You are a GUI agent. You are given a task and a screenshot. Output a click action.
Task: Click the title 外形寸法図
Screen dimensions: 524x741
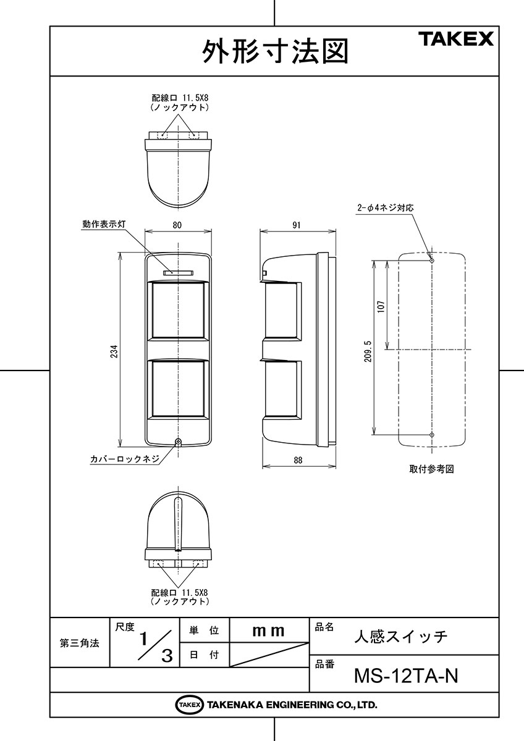275,52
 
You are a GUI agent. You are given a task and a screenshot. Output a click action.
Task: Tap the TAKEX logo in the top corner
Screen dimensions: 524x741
458,39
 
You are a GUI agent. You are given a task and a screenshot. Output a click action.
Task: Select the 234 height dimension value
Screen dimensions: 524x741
114,352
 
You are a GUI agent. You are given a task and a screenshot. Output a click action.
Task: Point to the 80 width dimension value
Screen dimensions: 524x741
177,225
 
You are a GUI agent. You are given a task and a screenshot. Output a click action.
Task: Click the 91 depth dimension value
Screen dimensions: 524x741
297,225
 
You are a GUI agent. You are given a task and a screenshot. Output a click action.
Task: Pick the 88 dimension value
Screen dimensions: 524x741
298,460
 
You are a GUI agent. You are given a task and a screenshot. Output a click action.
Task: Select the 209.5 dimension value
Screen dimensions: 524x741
368,351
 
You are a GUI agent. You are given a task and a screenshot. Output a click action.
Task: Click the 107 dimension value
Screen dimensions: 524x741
381,307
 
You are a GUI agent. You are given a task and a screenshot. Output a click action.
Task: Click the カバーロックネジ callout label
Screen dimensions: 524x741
125,459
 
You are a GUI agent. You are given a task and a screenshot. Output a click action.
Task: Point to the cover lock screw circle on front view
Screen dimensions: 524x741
179,442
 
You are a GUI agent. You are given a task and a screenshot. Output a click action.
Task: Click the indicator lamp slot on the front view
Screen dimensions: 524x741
178,273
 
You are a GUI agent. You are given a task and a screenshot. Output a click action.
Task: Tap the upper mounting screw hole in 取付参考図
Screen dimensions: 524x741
432,261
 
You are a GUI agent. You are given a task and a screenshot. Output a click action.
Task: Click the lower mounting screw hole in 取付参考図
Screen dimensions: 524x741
432,434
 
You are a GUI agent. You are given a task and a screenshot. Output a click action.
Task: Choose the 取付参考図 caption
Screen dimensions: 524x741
431,469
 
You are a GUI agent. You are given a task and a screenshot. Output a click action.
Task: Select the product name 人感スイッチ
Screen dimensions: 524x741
401,637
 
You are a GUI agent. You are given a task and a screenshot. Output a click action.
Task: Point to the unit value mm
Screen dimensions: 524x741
268,631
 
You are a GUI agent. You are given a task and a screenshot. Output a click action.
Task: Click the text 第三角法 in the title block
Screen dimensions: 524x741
80,643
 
